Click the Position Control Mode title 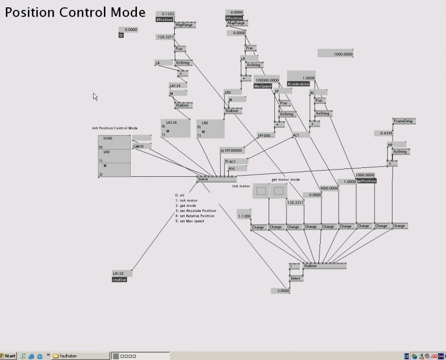pos(76,12)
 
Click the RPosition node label pos(234,18)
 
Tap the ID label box pos(121,36)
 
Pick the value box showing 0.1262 pos(168,14)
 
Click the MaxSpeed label pos(262,86)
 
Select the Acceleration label pos(299,84)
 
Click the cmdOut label pos(120,279)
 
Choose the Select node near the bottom pos(296,278)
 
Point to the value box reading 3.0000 pos(281,291)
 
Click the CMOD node pos(139,146)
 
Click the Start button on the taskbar pos(9,355)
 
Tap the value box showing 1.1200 pos(244,216)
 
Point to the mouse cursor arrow pos(95,96)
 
